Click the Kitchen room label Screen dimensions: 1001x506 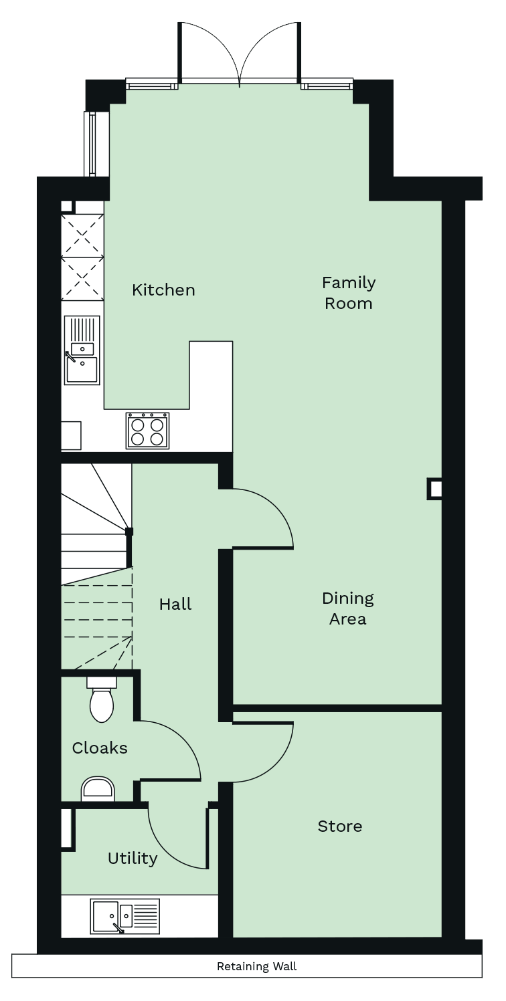pyautogui.click(x=163, y=290)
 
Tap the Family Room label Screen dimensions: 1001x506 pyautogui.click(x=348, y=293)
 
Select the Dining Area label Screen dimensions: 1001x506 pyautogui.click(x=347, y=608)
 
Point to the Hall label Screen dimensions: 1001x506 pyautogui.click(x=175, y=604)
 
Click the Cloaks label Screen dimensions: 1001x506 pyautogui.click(x=100, y=748)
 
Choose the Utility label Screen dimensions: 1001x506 pyautogui.click(x=133, y=858)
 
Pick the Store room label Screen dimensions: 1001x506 pyautogui.click(x=340, y=826)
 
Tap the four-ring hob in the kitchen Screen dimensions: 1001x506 pyautogui.click(x=148, y=431)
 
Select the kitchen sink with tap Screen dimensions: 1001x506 pyautogui.click(x=82, y=350)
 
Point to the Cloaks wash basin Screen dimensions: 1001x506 pyautogui.click(x=98, y=789)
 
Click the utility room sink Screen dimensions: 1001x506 pyautogui.click(x=125, y=915)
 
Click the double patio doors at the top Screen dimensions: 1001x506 pyautogui.click(x=239, y=53)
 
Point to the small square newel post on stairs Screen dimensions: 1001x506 pyautogui.click(x=129, y=532)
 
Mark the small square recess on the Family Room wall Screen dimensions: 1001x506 pyautogui.click(x=435, y=489)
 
